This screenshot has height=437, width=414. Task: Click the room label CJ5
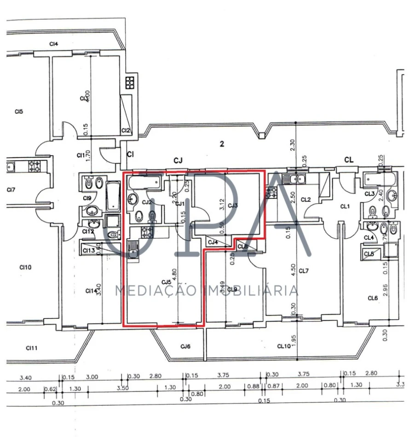(x=166, y=282)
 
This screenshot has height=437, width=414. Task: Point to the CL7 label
(x=304, y=271)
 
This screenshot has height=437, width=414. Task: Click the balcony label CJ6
(x=185, y=346)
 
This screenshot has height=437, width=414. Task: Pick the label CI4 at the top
(x=54, y=44)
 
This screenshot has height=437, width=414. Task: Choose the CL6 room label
(x=373, y=298)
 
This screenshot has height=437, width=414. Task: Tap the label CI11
(x=31, y=348)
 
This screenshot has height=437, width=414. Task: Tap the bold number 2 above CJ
(x=222, y=144)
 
